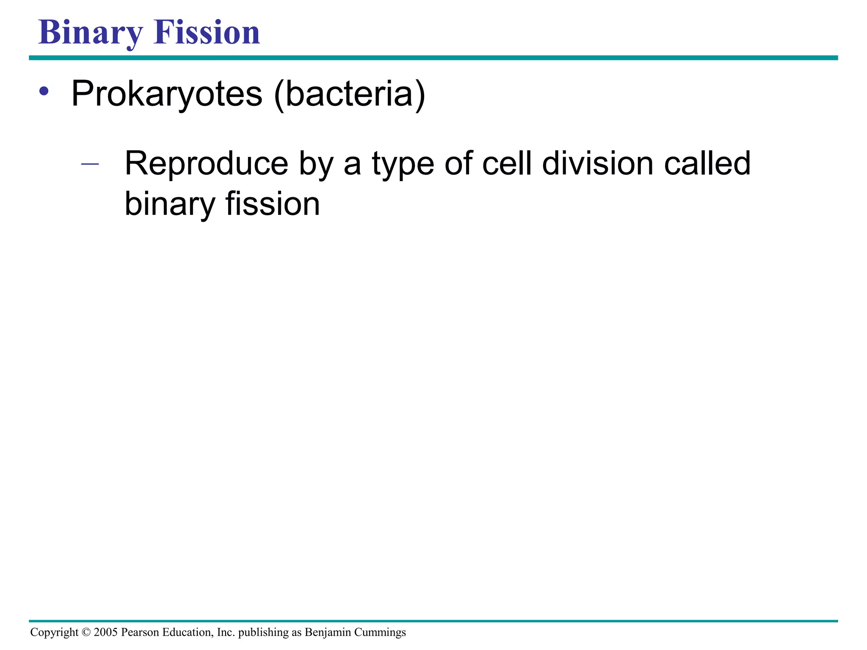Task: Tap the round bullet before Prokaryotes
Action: point(44,91)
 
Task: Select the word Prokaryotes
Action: point(167,94)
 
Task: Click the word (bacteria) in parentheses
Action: point(350,94)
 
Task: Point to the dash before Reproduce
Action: point(90,164)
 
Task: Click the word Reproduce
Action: point(207,164)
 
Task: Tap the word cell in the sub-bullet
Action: point(507,163)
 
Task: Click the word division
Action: point(597,163)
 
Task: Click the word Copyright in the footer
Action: point(54,632)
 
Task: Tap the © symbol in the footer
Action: point(86,632)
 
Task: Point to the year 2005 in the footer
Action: point(105,632)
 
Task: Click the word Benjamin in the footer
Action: point(328,632)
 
